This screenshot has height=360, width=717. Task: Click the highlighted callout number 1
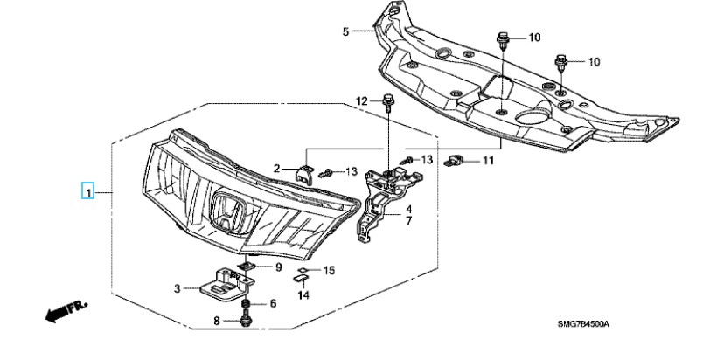tap(87, 190)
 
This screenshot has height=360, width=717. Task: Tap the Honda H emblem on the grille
tap(228, 212)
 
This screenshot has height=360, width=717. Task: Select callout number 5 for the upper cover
tap(345, 31)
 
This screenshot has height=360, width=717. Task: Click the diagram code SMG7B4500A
tap(583, 324)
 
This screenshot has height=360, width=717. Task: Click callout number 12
tap(362, 101)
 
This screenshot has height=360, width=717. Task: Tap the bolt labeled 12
tap(387, 103)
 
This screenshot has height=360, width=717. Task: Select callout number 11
tap(488, 161)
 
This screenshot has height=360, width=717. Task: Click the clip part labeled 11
tap(454, 161)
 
